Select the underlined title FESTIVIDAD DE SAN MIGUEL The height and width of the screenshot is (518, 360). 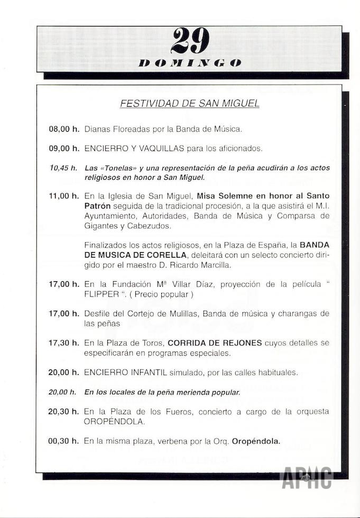[190, 104]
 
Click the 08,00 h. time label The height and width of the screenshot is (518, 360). [63, 128]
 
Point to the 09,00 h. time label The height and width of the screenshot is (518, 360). [63, 149]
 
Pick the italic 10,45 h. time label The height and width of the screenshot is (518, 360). [63, 168]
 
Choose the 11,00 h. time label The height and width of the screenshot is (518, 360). [63, 196]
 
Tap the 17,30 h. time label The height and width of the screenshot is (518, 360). [63, 343]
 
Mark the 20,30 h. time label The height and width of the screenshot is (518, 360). [63, 412]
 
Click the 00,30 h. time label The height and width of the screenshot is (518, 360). [63, 440]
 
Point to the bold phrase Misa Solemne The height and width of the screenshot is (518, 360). [223, 196]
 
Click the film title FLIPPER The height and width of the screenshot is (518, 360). [101, 294]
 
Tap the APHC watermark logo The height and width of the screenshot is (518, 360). [307, 478]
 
